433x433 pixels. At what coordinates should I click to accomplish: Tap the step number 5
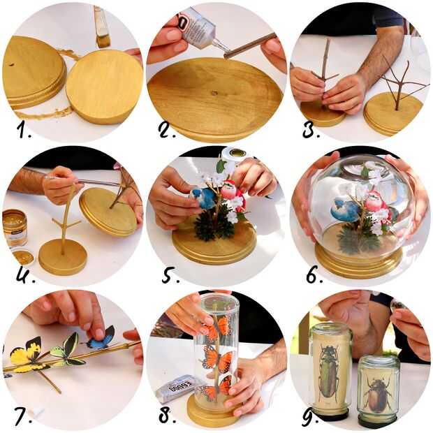[170, 274]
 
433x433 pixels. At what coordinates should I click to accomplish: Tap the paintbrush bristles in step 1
[103, 41]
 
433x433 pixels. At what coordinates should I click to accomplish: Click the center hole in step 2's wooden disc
[214, 93]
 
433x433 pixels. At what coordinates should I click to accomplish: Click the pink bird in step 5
[232, 191]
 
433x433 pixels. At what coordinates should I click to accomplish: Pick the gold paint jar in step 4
[15, 227]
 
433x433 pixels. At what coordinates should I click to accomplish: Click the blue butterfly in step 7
[101, 337]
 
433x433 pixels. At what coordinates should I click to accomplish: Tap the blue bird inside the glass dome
[344, 210]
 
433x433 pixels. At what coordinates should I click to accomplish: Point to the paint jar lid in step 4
[23, 257]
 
